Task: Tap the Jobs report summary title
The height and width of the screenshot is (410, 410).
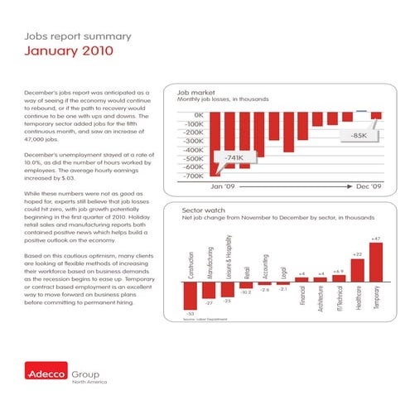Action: [61, 35]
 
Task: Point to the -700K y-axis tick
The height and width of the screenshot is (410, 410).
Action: [191, 176]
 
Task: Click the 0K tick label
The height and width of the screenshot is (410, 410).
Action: [196, 114]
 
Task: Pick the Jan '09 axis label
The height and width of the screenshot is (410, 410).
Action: [224, 186]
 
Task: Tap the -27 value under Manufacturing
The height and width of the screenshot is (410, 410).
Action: [209, 303]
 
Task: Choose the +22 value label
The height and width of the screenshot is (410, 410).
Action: [357, 254]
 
